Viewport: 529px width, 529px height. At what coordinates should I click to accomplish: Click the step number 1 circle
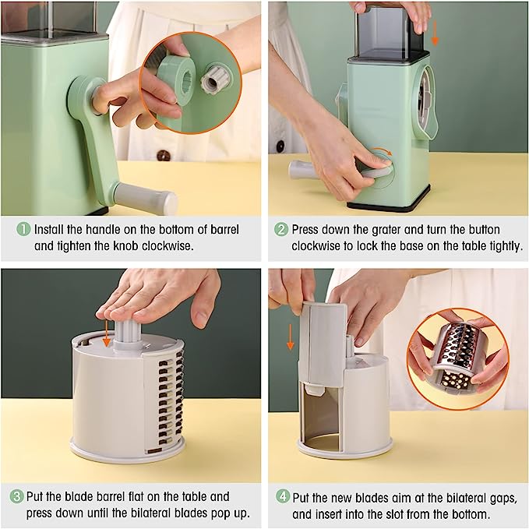[23, 229]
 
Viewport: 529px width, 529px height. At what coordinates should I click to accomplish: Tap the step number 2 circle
[280, 229]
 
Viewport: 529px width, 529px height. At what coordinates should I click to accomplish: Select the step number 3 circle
[16, 496]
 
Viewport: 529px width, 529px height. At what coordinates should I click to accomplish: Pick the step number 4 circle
[282, 496]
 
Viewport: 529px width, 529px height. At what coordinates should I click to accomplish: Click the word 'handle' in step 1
[102, 229]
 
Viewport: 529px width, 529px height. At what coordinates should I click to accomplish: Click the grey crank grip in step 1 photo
[146, 199]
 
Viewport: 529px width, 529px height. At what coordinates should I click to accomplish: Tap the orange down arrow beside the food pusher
[435, 33]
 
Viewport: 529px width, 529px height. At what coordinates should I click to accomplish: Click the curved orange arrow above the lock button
[382, 151]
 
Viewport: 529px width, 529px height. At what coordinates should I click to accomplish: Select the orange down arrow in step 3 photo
[106, 333]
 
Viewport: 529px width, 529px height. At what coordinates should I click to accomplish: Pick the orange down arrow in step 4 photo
[290, 337]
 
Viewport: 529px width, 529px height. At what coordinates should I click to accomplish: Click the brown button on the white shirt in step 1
[164, 156]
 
